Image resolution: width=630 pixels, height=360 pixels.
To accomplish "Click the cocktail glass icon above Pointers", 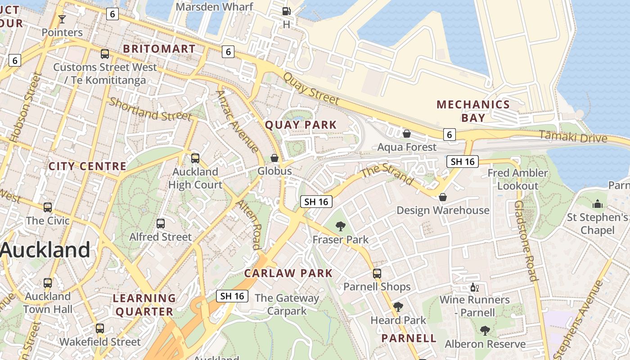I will point(62,19).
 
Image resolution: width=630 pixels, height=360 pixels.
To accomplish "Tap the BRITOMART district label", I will point(159,49).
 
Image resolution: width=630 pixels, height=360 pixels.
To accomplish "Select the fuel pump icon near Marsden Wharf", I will point(286,11).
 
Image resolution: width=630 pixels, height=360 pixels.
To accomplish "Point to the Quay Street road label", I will point(310,88).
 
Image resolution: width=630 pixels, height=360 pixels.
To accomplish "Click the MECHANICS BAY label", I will point(473,111).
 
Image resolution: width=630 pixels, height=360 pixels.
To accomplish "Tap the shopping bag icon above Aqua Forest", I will point(407,134).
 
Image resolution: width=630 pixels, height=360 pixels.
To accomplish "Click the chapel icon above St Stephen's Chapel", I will point(598,204).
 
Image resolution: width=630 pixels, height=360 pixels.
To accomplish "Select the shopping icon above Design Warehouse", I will point(443,197).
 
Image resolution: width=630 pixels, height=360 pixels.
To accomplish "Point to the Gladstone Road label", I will point(526,241).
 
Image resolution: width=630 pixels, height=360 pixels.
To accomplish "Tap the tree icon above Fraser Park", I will point(341,226).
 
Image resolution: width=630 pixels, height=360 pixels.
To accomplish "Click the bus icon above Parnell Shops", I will point(377,273).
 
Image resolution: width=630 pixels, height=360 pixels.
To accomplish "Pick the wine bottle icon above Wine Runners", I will point(474,287).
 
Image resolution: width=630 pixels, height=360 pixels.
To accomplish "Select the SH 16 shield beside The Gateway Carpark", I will point(232,296).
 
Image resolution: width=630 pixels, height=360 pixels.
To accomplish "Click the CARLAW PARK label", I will point(288,273).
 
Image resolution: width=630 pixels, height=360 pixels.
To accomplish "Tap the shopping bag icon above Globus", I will point(274,158).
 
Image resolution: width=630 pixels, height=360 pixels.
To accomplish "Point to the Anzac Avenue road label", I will point(237,121).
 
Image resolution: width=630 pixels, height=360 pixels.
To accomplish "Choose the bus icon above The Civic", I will point(48,207).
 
